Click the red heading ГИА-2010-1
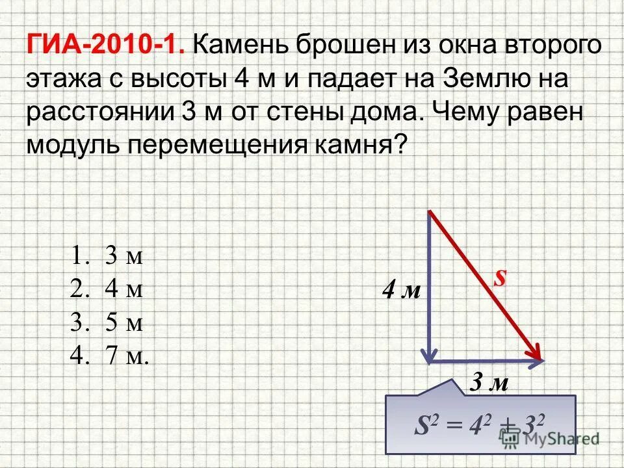[x=108, y=46]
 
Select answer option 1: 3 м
[x=107, y=256]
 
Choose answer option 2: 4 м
[x=107, y=289]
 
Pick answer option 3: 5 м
[x=107, y=323]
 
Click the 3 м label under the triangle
[x=489, y=383]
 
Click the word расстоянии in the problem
[x=98, y=112]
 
